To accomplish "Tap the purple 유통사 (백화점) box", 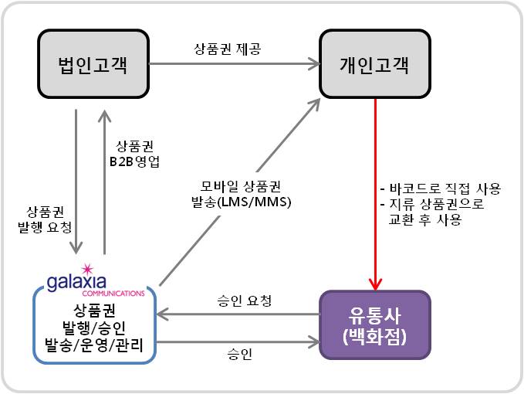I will click(374, 325).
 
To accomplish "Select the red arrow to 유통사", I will click(375, 193).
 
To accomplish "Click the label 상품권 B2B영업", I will click(137, 154).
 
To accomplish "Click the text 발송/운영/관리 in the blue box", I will click(93, 345).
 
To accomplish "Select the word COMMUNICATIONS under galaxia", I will click(115, 294).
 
